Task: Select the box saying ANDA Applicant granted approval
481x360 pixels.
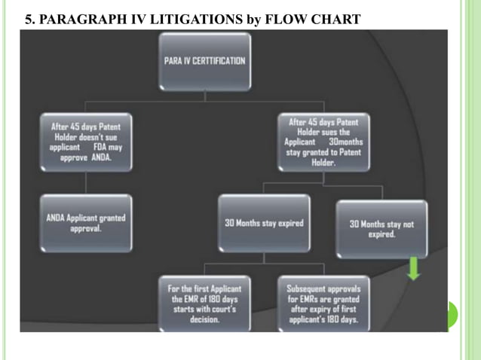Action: (x=87, y=223)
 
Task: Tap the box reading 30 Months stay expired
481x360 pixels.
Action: (x=264, y=223)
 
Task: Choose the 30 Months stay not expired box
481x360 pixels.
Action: (x=381, y=228)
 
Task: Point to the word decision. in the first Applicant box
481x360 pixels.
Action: (x=204, y=319)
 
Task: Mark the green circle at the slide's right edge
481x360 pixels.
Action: (x=452, y=315)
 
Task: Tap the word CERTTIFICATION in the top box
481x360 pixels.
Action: (x=218, y=61)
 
